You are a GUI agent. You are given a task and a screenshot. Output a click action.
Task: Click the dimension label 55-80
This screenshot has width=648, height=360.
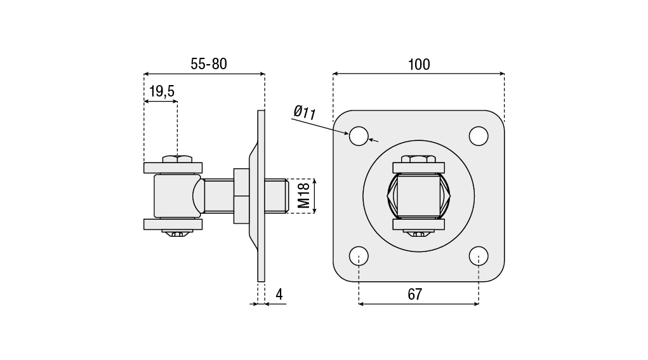click(209, 64)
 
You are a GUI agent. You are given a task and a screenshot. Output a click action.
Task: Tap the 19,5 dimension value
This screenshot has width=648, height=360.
click(161, 92)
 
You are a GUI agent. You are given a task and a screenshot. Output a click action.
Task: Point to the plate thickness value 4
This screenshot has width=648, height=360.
click(279, 295)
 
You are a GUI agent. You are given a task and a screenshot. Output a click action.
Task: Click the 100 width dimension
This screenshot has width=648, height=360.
click(419, 65)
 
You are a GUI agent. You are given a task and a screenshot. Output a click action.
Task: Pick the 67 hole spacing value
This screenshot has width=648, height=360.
click(415, 295)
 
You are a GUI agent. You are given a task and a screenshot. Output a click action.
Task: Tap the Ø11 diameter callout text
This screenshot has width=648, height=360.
click(305, 113)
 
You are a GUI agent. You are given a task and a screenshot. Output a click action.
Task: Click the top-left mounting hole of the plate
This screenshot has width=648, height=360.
click(359, 136)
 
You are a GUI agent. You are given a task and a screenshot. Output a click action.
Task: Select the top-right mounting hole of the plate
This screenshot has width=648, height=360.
click(479, 136)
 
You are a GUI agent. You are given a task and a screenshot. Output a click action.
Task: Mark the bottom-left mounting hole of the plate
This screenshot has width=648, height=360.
click(359, 256)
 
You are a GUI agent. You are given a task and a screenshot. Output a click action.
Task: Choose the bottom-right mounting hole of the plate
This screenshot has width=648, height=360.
click(479, 256)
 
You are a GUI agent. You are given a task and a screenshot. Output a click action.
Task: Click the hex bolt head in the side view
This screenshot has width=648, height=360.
click(177, 158)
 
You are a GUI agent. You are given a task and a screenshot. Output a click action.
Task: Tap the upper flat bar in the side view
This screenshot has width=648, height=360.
click(173, 168)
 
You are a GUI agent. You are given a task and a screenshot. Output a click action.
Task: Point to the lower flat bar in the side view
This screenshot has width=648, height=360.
click(173, 224)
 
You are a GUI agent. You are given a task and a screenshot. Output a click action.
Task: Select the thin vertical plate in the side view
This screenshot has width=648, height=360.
click(261, 196)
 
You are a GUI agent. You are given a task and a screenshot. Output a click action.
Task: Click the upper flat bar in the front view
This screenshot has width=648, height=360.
click(418, 168)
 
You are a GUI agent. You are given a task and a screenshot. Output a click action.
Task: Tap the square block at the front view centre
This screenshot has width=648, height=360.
click(418, 196)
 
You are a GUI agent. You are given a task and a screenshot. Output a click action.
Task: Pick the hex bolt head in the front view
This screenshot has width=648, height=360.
click(418, 159)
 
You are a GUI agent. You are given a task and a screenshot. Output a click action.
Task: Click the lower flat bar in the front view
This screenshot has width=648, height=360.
click(418, 224)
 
